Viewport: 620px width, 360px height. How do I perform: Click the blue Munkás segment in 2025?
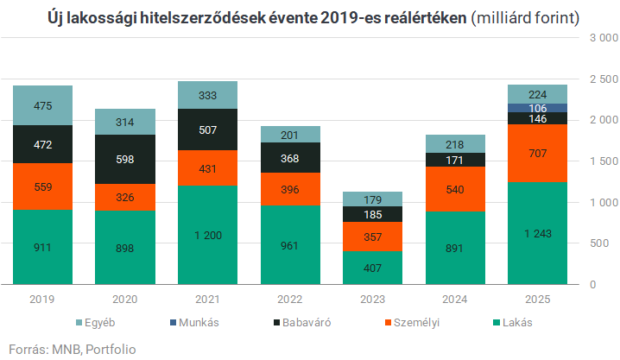[537, 108]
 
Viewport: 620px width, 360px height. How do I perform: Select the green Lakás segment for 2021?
[207, 235]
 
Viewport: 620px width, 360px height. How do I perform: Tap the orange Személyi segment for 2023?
[372, 237]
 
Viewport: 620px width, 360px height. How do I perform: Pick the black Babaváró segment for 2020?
[125, 159]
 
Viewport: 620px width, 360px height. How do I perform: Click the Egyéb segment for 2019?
[42, 105]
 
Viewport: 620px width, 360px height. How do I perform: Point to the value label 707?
[537, 153]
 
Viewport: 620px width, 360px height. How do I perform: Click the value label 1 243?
[537, 233]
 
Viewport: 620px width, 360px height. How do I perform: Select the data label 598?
[125, 159]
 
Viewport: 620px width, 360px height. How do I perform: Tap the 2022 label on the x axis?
[289, 299]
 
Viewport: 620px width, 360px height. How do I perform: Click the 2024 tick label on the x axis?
[454, 299]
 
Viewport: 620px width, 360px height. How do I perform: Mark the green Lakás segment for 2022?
[289, 244]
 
